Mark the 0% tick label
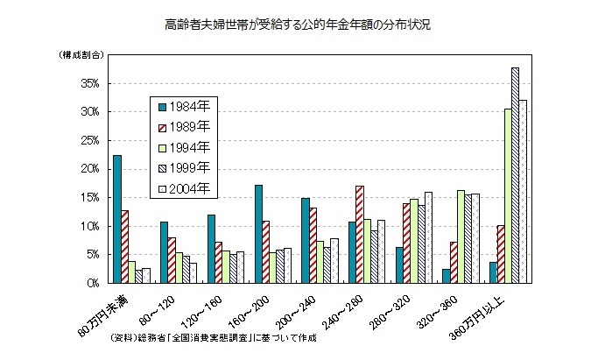pos(93,283)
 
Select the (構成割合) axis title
pos(81,55)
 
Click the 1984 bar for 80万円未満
pos(117,219)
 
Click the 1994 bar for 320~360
pos(461,236)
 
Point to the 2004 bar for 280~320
pos(429,237)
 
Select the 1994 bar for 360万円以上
pos(507,196)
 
